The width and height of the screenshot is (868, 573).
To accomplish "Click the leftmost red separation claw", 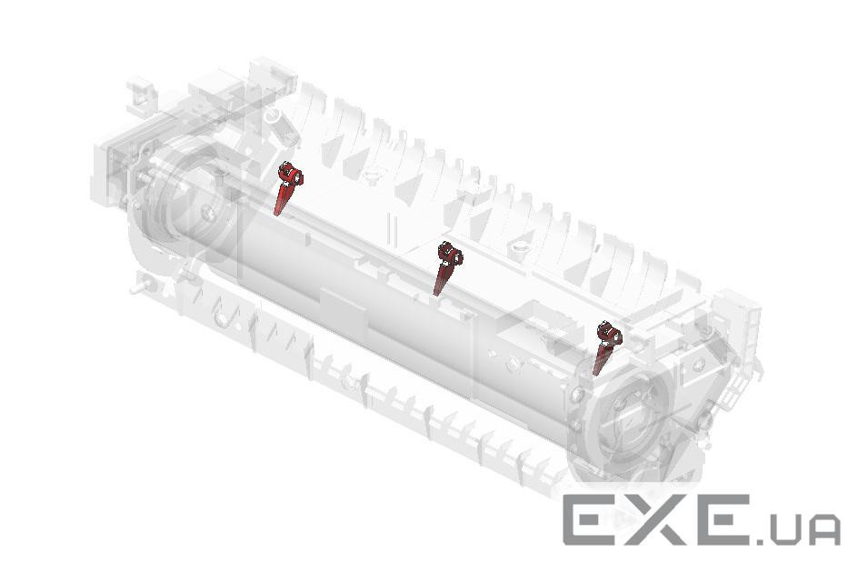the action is coord(285,188).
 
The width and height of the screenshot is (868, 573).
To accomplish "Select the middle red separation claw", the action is coord(446,268).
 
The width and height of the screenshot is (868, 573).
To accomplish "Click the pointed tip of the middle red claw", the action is coord(435,295).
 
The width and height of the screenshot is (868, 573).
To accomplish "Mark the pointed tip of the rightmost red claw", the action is coord(594,374).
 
